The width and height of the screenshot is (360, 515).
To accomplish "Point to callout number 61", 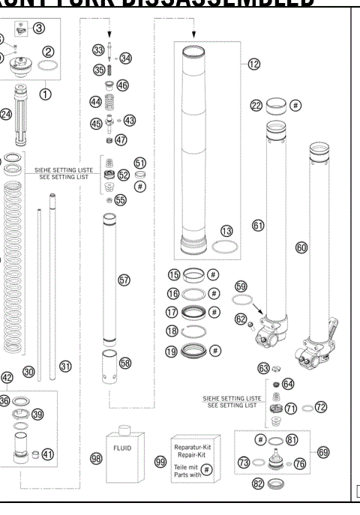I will click(259, 224).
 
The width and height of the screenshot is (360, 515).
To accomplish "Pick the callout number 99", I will click(160, 463).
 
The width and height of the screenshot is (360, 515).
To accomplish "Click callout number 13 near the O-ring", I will click(225, 231).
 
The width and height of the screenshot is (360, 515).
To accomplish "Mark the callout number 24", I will click(6, 114).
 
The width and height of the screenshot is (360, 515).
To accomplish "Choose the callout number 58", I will click(124, 362).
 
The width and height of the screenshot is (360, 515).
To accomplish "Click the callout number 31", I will click(65, 366).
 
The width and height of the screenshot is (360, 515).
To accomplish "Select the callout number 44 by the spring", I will click(95, 101).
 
